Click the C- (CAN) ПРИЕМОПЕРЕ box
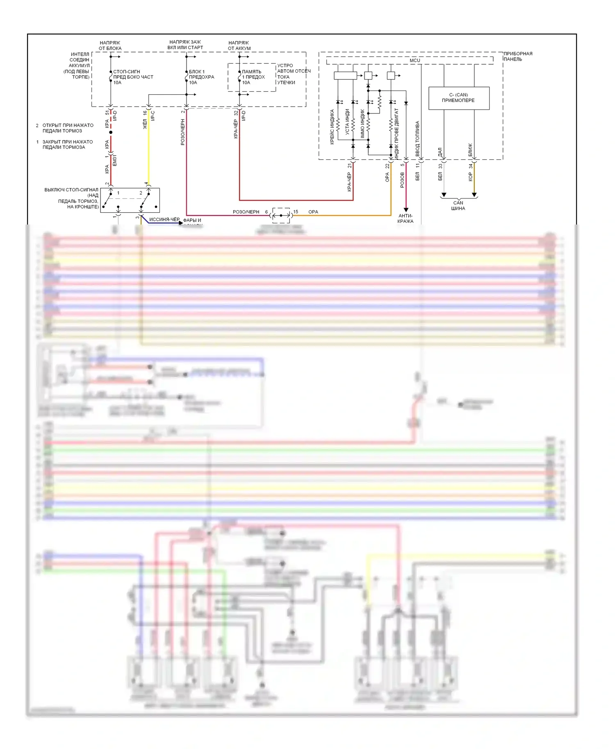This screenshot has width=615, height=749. click(x=458, y=98)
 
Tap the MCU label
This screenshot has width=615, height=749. click(x=415, y=60)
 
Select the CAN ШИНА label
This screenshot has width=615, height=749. click(x=458, y=206)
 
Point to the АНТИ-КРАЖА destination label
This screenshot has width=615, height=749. click(x=405, y=218)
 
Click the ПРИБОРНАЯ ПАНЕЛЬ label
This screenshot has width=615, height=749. click(x=518, y=57)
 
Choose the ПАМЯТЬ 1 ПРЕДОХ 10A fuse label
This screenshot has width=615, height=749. click(x=253, y=77)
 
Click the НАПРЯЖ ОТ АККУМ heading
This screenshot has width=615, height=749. click(x=239, y=45)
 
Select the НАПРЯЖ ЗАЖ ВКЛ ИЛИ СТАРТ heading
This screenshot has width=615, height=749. click(x=185, y=45)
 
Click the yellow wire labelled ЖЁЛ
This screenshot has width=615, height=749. click(x=148, y=152)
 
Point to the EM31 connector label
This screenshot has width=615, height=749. click(x=115, y=160)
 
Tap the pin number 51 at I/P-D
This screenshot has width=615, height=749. click(x=107, y=112)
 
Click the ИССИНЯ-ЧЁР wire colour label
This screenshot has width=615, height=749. click(x=164, y=220)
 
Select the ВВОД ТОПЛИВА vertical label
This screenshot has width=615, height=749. click(x=417, y=138)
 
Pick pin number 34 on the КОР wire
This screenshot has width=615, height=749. click(x=471, y=166)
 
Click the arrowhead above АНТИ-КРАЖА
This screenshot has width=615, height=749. click(x=406, y=209)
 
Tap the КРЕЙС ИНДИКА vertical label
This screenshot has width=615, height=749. click(x=332, y=127)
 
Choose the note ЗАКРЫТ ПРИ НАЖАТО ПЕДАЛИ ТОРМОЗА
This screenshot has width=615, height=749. click(x=67, y=145)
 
